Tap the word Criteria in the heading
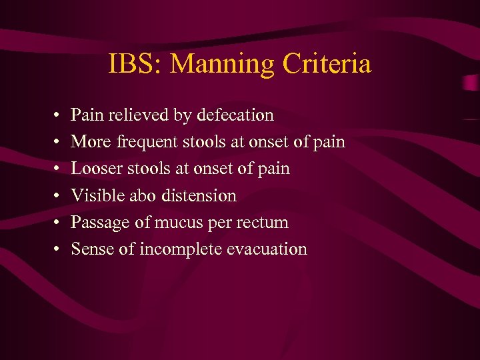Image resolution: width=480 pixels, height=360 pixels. pyautogui.click(x=327, y=65)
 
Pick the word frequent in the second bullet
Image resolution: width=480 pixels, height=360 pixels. pyautogui.click(x=146, y=142)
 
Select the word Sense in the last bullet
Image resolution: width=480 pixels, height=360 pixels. pyautogui.click(x=90, y=249)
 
